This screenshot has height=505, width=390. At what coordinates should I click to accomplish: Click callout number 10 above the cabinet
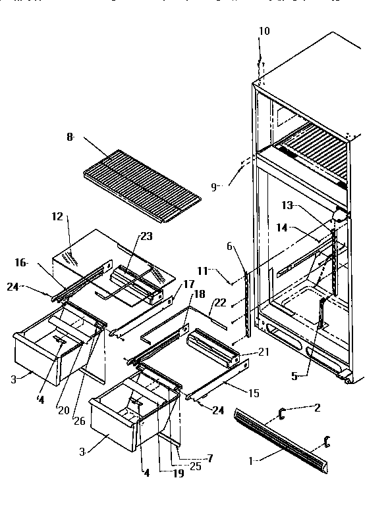(264, 31)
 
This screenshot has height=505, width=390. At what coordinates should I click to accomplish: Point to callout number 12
(57, 216)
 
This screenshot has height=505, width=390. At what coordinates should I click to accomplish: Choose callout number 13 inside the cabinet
(287, 206)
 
